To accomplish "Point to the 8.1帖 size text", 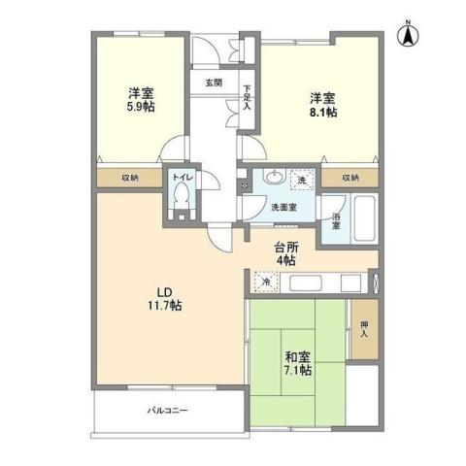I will (x=323, y=113).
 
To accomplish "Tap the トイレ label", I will (x=182, y=178).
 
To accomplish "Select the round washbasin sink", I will (x=275, y=179).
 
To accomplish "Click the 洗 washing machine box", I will (x=302, y=181).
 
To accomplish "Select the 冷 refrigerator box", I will (x=265, y=283).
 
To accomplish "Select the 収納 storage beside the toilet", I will (x=130, y=179).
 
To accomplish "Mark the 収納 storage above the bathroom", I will (x=349, y=178).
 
